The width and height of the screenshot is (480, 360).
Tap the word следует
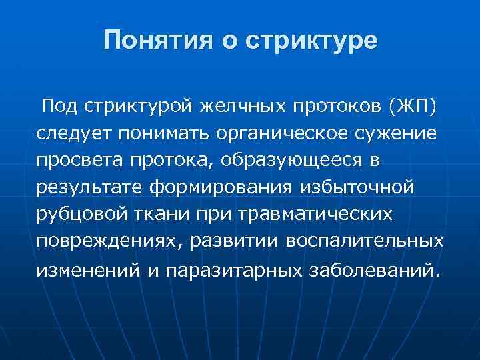pos(74,133)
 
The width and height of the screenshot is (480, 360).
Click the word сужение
pos(399,133)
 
